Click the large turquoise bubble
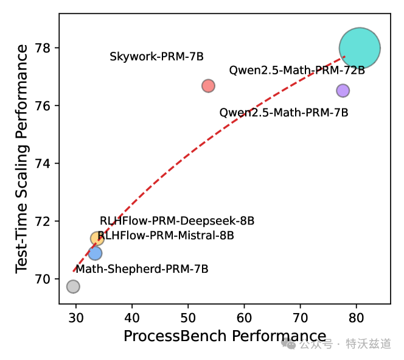pyautogui.click(x=360, y=48)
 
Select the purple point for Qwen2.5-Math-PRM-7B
pyautogui.click(x=343, y=90)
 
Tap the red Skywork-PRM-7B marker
pyautogui.click(x=208, y=86)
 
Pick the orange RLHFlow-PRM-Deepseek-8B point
pyautogui.click(x=97, y=238)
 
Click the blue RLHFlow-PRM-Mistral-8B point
pyautogui.click(x=95, y=253)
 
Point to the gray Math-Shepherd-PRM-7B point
pyautogui.click(x=73, y=286)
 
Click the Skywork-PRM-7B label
pyautogui.click(x=156, y=57)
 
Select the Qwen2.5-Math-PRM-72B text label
pyautogui.click(x=297, y=71)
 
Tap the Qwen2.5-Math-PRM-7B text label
pyautogui.click(x=284, y=113)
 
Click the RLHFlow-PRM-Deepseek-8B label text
pyautogui.click(x=177, y=221)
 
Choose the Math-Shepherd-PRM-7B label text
pyautogui.click(x=142, y=269)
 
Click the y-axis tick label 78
pyautogui.click(x=46, y=48)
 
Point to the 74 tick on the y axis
pyautogui.click(x=46, y=164)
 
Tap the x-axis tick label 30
pyautogui.click(x=76, y=317)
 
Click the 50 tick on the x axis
pyautogui.click(x=188, y=317)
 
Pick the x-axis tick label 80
pyautogui.click(x=357, y=317)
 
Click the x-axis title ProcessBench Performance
pyautogui.click(x=225, y=336)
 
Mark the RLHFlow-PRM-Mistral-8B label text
pyautogui.click(x=165, y=235)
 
